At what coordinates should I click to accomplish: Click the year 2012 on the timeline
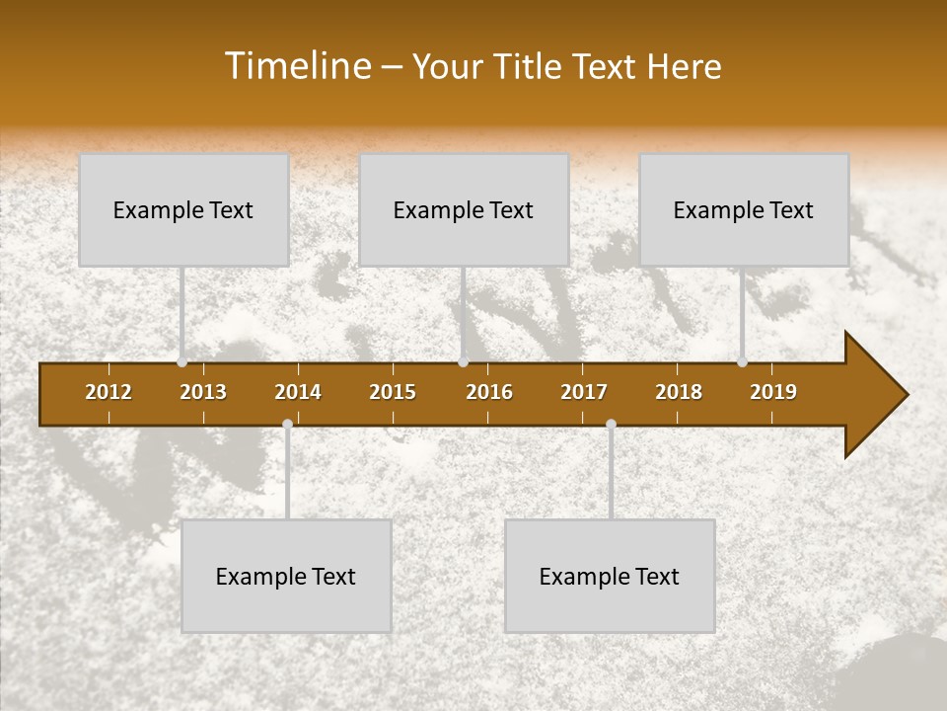tap(109, 392)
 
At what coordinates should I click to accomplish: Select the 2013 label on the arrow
tap(203, 392)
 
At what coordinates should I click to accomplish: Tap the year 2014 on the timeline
tap(298, 392)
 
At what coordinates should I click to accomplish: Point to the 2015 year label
tap(393, 392)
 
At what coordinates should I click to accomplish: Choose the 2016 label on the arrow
tap(489, 392)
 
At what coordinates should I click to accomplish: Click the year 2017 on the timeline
tap(584, 392)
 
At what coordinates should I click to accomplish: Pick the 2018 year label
tap(679, 392)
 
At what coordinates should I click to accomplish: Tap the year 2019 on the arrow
tap(773, 392)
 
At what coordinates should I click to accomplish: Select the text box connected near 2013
tap(183, 209)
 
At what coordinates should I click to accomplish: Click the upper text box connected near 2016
tap(464, 209)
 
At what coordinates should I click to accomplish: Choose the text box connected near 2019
tap(744, 209)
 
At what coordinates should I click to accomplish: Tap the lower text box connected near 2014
tap(286, 576)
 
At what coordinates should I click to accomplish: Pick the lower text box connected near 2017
tap(610, 576)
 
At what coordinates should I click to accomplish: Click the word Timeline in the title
tap(297, 66)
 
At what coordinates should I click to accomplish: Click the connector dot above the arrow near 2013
tap(182, 362)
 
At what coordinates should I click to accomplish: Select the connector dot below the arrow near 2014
tap(287, 424)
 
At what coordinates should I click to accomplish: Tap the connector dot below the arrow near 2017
tap(611, 424)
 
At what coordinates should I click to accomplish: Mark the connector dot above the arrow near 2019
tap(742, 362)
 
